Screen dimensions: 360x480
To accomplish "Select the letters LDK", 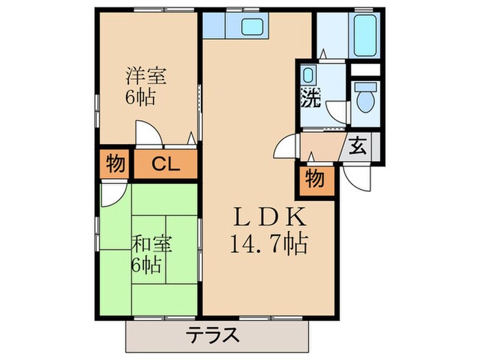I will (268, 217).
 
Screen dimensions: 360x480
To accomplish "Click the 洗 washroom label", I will (311, 98).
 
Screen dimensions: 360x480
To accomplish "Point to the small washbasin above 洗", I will (309, 75).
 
